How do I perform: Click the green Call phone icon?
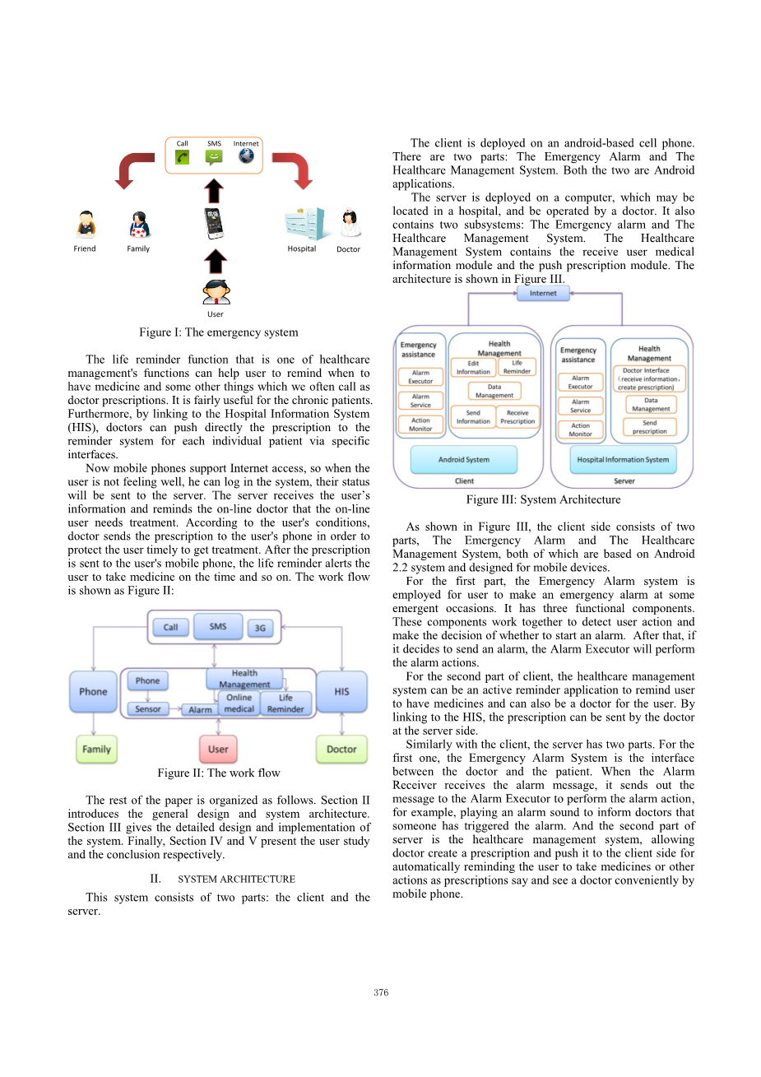[183, 156]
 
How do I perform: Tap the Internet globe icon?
[246, 156]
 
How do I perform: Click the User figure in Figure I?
[216, 292]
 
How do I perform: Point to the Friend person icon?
[85, 225]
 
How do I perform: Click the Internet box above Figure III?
[543, 293]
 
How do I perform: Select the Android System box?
[464, 459]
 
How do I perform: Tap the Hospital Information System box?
[623, 459]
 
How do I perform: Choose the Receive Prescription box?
[517, 417]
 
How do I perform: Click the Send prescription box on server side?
[650, 427]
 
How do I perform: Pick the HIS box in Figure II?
[341, 692]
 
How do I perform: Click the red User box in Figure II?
[218, 749]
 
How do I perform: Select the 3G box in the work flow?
[260, 628]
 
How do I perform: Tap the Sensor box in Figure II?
[148, 708]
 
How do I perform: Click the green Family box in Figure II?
[96, 749]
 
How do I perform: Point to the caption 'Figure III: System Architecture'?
[543, 499]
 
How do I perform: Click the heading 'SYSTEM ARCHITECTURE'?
[236, 879]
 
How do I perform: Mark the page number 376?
[381, 992]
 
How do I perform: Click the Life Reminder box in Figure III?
[517, 367]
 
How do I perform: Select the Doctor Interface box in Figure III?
[646, 378]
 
